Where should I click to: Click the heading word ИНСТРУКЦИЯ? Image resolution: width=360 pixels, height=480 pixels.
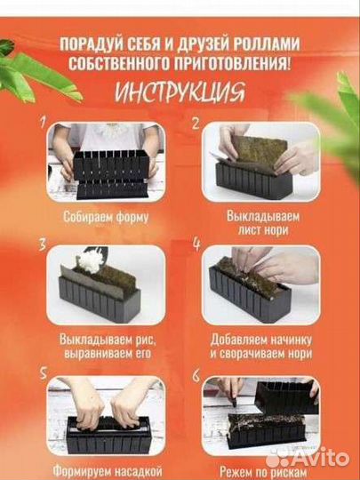pyautogui.click(x=180, y=92)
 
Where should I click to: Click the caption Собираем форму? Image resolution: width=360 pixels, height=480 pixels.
pyautogui.click(x=106, y=217)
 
